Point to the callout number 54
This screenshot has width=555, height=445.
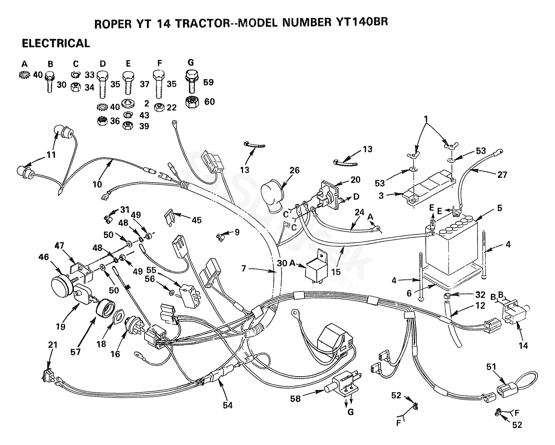pyautogui.click(x=228, y=405)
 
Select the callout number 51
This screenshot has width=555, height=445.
pyautogui.click(x=491, y=367)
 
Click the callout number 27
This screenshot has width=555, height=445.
pyautogui.click(x=502, y=175)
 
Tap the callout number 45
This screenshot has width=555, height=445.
pyautogui.click(x=197, y=220)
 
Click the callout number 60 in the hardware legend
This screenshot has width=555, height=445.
pyautogui.click(x=210, y=102)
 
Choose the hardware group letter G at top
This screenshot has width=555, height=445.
pyautogui.click(x=191, y=62)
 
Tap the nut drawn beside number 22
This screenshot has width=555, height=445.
pyautogui.click(x=159, y=107)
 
